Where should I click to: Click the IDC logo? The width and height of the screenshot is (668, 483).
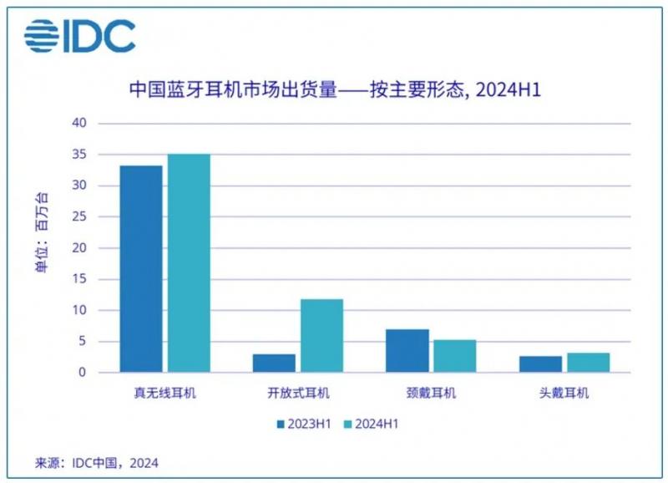click(x=79, y=34)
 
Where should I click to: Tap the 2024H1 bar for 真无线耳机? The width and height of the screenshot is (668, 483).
click(x=189, y=263)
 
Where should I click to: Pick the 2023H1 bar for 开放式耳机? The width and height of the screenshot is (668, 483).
click(x=274, y=363)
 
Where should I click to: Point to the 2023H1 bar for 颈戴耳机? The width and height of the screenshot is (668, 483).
click(x=407, y=351)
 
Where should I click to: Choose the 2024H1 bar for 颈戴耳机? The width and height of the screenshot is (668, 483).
click(x=454, y=356)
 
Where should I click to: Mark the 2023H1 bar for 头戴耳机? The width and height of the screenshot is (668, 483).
click(x=540, y=364)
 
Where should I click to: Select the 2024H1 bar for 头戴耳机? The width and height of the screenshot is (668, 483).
click(x=588, y=363)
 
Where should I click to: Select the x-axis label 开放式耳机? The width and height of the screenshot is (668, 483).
click(x=298, y=393)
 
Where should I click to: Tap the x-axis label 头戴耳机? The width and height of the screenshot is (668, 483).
click(x=564, y=393)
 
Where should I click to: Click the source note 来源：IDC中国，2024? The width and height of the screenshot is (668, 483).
click(x=96, y=463)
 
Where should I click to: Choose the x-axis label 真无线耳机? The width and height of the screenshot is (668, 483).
click(x=165, y=393)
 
